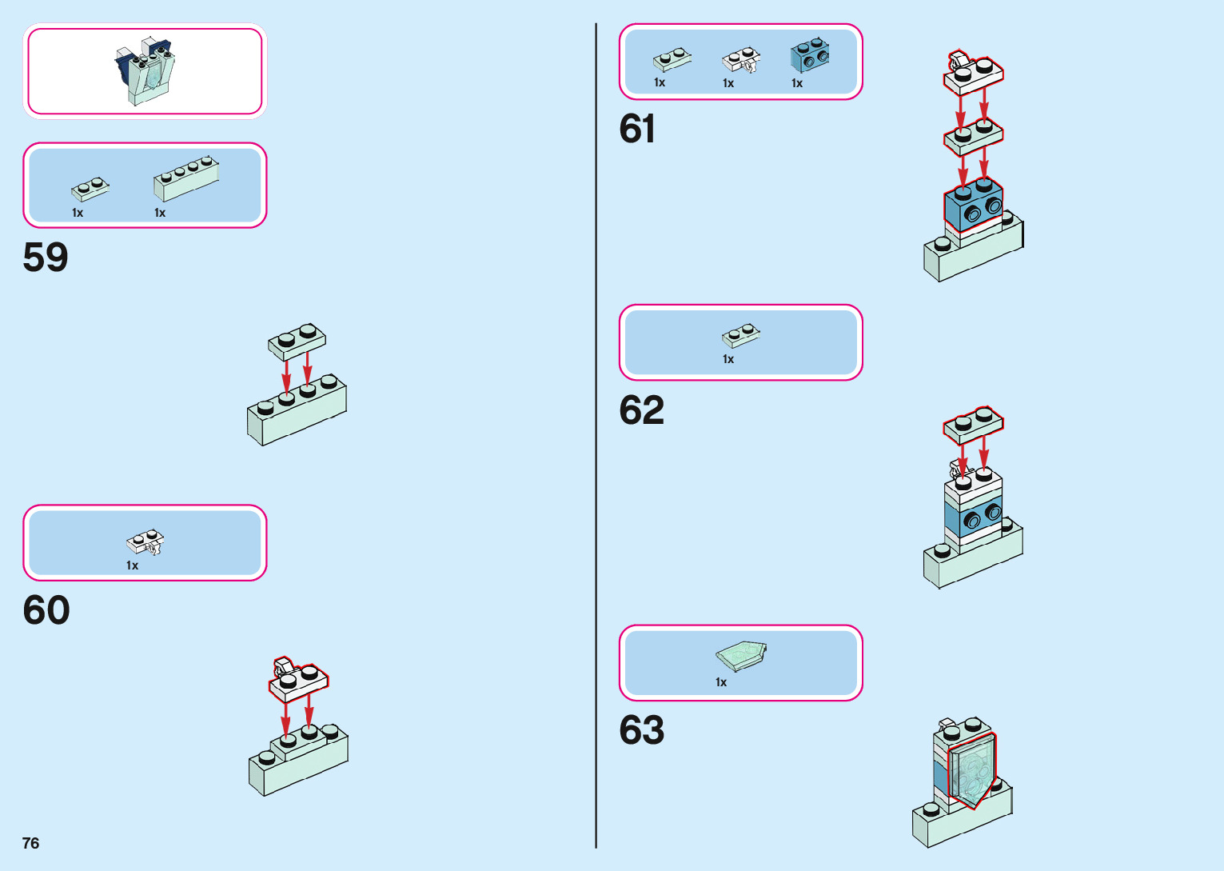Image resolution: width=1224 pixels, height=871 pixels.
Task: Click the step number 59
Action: pos(46,258)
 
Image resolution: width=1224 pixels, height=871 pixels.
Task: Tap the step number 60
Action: pos(46,610)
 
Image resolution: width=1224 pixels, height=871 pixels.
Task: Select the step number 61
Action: pos(637,129)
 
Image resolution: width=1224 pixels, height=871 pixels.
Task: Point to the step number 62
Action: pos(641,410)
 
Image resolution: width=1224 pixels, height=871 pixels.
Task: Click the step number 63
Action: pos(641,730)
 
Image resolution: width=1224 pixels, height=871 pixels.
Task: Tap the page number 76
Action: pos(30,843)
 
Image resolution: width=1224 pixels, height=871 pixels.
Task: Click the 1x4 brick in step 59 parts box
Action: pos(186,178)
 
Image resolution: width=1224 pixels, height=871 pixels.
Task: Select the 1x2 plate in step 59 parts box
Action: pos(90,189)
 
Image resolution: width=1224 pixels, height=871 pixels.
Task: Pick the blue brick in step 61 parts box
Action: pos(810,55)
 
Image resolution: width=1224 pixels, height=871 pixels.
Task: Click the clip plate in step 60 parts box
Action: pos(146,542)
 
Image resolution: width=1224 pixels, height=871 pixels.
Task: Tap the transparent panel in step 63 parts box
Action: pos(741,657)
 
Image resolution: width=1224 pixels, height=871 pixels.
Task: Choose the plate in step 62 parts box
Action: pos(741,336)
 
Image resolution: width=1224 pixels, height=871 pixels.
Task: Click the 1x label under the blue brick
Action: pos(797,83)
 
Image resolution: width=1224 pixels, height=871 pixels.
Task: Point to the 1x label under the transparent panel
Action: pos(721,682)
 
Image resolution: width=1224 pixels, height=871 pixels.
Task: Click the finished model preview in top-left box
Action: pos(145,70)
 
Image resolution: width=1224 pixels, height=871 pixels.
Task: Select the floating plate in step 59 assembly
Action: pos(297,342)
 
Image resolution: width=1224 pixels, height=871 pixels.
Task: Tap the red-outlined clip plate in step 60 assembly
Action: pos(297,681)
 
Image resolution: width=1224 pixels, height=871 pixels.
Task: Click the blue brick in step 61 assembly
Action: pos(973,206)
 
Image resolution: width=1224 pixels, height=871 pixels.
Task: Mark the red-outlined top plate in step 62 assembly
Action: pos(973,425)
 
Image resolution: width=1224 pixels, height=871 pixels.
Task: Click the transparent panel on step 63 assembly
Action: pos(972,770)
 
